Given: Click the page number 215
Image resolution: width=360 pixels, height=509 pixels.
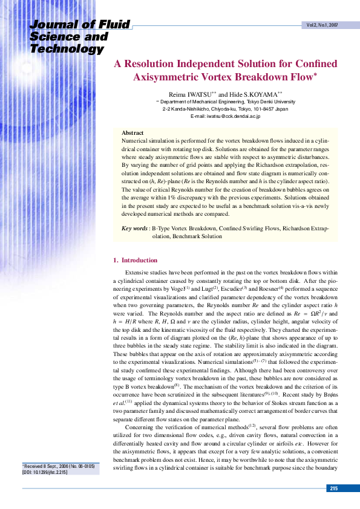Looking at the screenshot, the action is tap(335, 488).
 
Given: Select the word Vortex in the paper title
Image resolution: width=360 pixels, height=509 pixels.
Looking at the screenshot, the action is tap(234, 77).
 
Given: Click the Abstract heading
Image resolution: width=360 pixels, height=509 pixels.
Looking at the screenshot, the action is tap(133, 132).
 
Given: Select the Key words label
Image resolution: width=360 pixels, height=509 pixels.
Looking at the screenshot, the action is tap(135, 229).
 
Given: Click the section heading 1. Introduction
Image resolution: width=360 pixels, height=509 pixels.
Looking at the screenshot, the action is tap(136, 261).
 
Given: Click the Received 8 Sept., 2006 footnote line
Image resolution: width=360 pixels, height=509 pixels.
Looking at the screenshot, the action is tap(53, 467).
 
